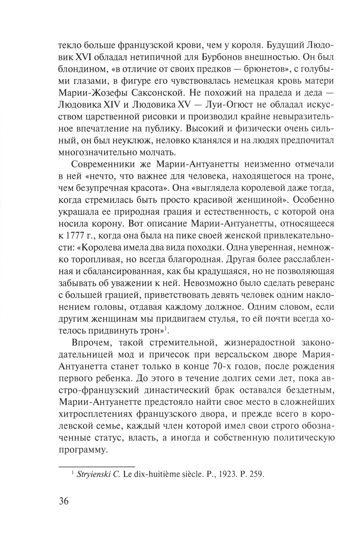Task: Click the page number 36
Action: [x=63, y=502]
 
